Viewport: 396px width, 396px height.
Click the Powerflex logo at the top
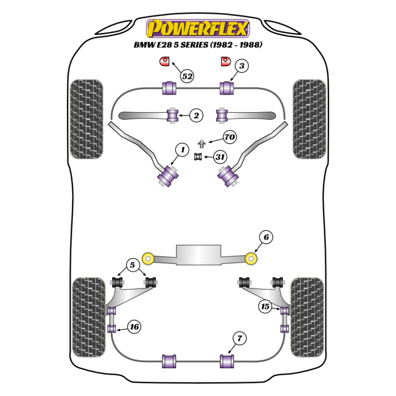click(198, 28)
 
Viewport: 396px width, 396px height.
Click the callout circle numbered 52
click(187, 76)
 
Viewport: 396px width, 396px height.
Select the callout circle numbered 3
click(242, 66)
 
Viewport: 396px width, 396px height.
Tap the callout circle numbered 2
click(196, 115)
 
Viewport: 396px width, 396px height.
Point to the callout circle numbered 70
click(230, 137)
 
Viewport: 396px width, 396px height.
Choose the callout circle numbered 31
click(220, 157)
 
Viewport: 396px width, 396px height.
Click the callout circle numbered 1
click(182, 150)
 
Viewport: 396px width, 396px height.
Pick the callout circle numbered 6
click(266, 237)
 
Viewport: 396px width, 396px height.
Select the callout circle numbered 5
click(132, 265)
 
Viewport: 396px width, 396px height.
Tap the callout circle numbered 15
click(265, 306)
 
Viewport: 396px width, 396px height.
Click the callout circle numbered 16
click(134, 326)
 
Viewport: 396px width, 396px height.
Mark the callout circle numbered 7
click(239, 338)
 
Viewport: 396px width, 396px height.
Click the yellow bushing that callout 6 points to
click(251, 259)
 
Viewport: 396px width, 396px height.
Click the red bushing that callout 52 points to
click(165, 61)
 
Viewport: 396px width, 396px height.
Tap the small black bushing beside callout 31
click(198, 157)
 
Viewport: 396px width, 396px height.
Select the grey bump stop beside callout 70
click(201, 143)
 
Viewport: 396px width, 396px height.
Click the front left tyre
click(86, 119)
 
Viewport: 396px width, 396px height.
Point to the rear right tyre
click(307, 317)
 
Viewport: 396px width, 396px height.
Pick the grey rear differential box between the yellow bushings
click(198, 255)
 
